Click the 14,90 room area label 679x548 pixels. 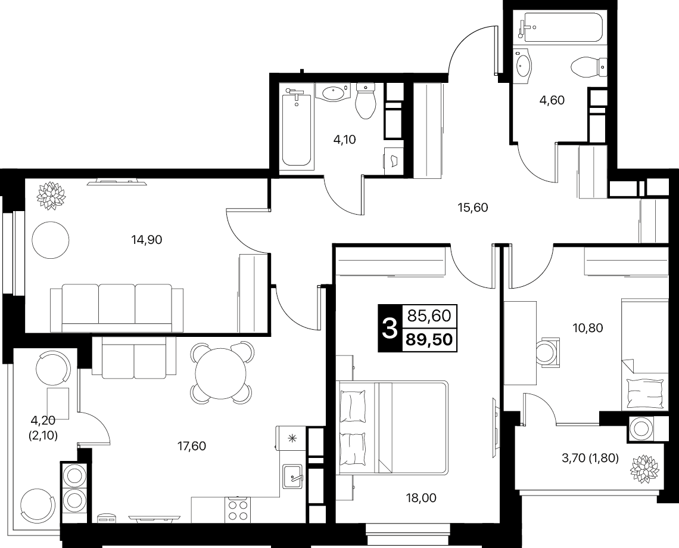click(x=147, y=239)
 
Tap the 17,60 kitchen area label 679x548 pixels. click(x=192, y=445)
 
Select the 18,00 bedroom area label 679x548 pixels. click(x=422, y=498)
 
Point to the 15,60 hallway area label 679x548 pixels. click(x=473, y=208)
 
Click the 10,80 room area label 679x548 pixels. click(x=588, y=328)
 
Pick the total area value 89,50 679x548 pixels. click(x=429, y=340)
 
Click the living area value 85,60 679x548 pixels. click(x=429, y=315)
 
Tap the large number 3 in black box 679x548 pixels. click(x=390, y=328)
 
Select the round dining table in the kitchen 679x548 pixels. click(x=221, y=373)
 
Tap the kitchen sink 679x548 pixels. click(x=293, y=476)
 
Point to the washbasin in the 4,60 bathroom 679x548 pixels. click(x=524, y=67)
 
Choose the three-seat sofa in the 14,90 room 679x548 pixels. click(x=117, y=308)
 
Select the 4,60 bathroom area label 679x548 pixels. click(x=552, y=100)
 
